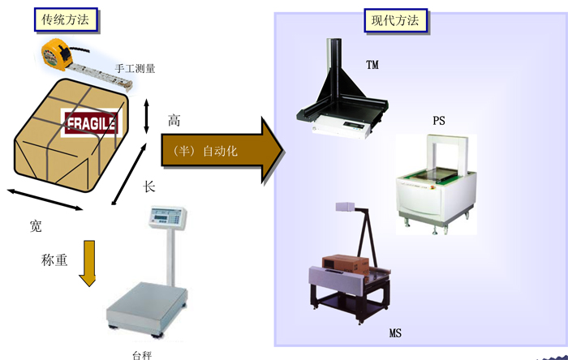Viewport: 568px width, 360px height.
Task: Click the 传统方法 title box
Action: point(66,20)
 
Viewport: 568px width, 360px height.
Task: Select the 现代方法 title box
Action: point(396,20)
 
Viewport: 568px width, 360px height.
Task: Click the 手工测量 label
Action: point(136,68)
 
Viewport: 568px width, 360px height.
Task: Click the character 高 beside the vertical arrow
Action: point(174,121)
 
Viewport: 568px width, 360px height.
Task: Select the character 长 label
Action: point(148,186)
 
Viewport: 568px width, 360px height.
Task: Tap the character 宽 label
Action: point(36,226)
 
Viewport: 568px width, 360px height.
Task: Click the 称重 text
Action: point(54,259)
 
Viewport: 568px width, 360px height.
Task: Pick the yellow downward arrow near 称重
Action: point(88,263)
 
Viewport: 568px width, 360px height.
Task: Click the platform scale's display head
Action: point(167,217)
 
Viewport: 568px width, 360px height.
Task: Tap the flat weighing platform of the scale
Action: point(147,307)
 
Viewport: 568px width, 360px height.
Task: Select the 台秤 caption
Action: point(142,355)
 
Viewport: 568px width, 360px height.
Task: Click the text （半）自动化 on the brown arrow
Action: point(205,151)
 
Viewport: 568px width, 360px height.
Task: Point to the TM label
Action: point(372,65)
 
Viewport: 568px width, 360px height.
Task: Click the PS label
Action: point(439,121)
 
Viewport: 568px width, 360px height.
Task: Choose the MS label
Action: point(395,333)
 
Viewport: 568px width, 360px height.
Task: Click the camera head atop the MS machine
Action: point(345,207)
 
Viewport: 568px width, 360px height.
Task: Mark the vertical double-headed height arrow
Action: point(146,116)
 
